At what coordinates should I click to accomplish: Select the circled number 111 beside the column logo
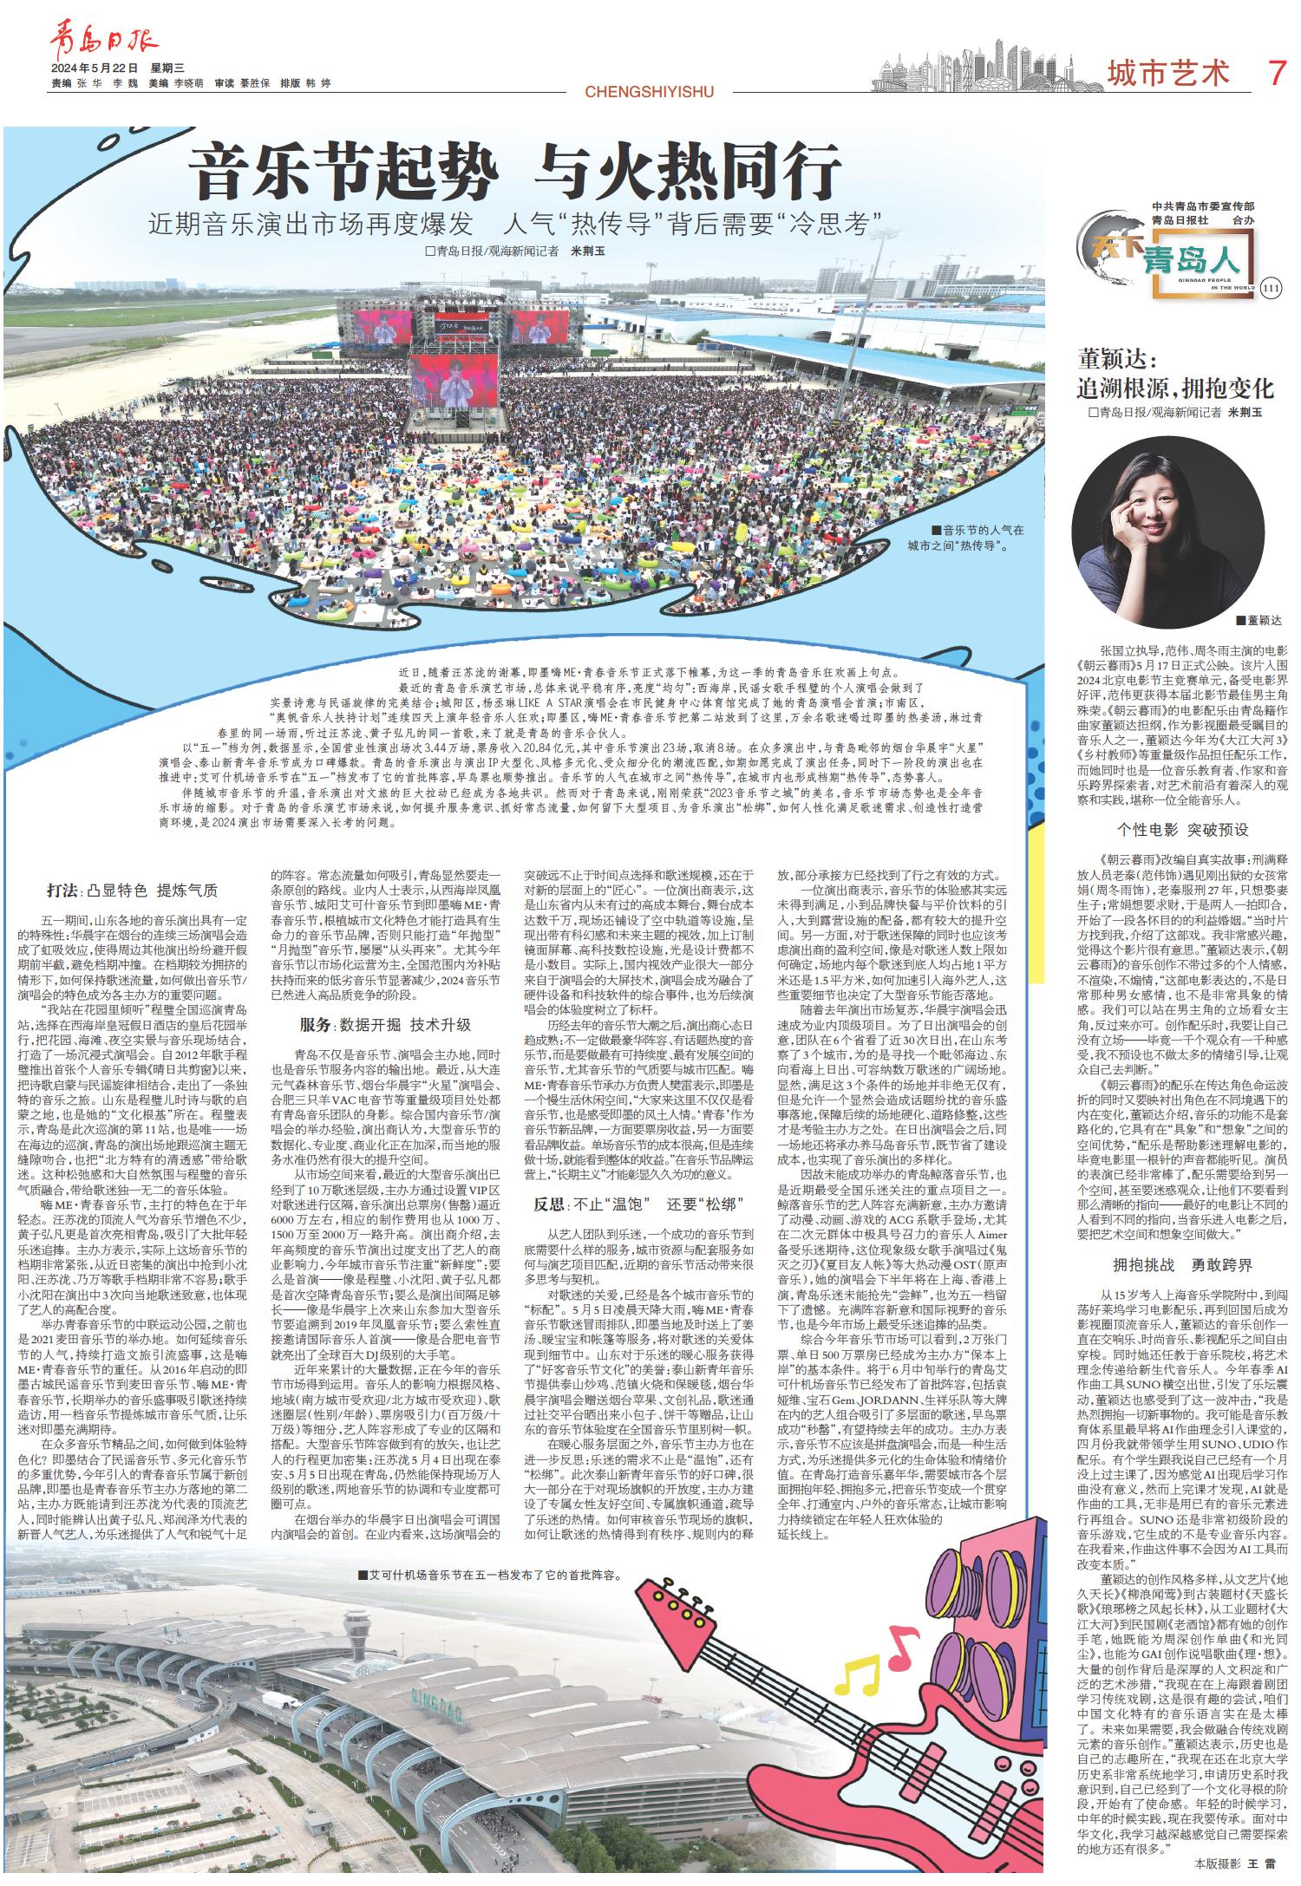1272,288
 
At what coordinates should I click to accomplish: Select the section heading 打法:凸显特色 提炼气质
133,891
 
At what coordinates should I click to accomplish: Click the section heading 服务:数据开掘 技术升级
385,1024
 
